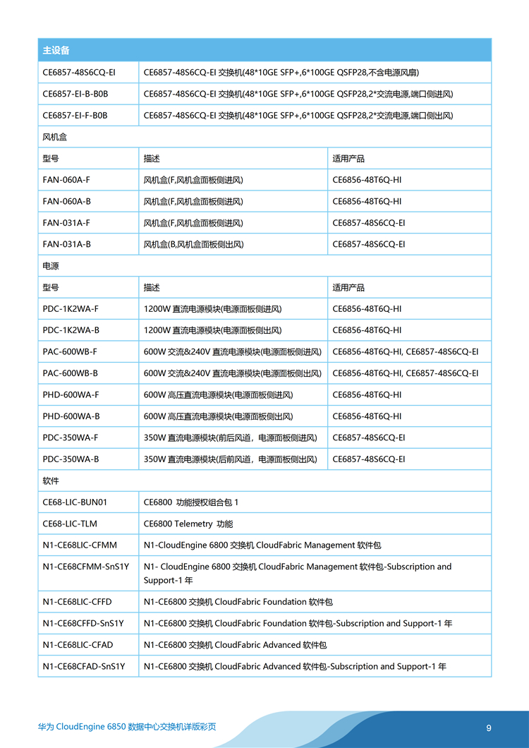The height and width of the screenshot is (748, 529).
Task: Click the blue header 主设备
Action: (x=56, y=51)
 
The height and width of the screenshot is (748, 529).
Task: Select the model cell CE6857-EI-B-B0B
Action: (x=75, y=94)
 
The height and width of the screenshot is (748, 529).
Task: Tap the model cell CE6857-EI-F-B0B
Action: (x=75, y=115)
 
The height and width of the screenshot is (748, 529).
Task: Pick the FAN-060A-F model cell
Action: (x=66, y=180)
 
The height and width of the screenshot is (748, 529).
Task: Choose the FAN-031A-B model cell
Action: (x=66, y=244)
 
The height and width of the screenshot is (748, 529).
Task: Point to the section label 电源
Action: (x=51, y=266)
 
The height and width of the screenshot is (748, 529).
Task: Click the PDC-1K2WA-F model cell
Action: (x=71, y=308)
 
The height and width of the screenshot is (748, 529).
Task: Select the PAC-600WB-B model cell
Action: (x=71, y=373)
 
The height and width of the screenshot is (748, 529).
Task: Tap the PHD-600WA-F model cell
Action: (x=71, y=394)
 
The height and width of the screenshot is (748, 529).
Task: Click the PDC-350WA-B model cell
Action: (x=71, y=459)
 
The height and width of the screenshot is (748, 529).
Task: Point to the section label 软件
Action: (x=51, y=481)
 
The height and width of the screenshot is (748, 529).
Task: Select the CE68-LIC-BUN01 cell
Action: (x=75, y=502)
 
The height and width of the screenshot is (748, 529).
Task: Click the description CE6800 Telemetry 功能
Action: (x=188, y=524)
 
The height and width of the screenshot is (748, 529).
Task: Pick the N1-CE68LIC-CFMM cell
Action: (x=80, y=545)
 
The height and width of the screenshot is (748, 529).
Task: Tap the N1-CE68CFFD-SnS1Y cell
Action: (x=83, y=623)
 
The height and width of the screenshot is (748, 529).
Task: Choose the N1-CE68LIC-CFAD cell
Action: (x=78, y=645)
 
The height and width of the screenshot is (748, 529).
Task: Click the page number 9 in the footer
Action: (x=489, y=728)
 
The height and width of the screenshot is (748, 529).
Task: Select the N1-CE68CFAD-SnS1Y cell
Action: (x=84, y=666)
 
